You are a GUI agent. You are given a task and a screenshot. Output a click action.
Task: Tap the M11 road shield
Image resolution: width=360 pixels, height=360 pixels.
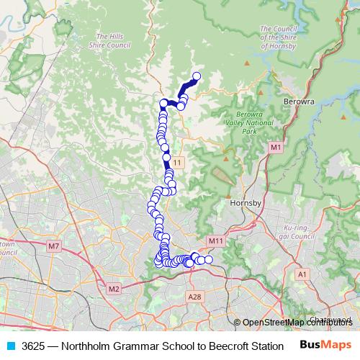point(215,240)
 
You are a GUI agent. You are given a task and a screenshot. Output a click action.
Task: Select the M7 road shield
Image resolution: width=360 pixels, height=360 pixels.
point(53,246)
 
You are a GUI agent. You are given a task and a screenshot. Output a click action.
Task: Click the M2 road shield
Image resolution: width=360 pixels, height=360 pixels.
point(113,289)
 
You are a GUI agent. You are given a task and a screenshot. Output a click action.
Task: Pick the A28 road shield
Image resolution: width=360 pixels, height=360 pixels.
point(194,296)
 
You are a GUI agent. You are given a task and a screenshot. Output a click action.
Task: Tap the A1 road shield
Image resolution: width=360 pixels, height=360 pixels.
point(302,274)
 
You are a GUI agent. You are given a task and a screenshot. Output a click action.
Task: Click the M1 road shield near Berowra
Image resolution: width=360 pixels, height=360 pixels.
point(275,148)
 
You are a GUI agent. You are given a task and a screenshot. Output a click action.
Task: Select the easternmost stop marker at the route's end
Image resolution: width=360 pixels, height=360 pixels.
point(209,260)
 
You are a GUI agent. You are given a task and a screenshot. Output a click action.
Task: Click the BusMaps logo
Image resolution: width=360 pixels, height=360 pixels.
point(325,345)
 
